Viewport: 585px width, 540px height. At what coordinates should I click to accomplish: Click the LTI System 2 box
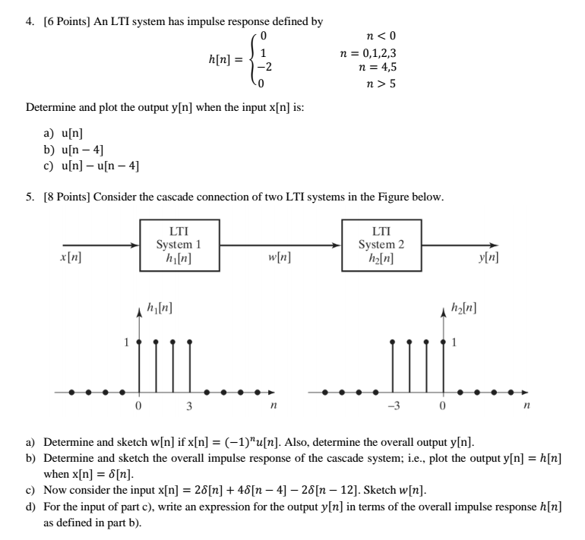(x=381, y=245)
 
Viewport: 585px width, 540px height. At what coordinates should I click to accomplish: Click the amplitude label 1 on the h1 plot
(x=127, y=342)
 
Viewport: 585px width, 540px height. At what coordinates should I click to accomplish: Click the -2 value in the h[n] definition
(x=263, y=67)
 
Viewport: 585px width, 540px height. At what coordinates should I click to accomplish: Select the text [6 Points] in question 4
(x=64, y=21)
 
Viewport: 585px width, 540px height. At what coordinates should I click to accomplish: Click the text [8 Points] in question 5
(x=64, y=197)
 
